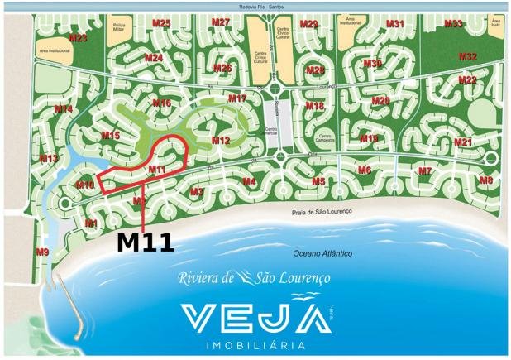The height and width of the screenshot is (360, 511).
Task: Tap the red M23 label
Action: coord(79,38)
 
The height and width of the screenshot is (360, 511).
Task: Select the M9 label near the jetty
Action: coord(42,251)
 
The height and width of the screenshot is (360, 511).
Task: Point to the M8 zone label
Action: coord(486,180)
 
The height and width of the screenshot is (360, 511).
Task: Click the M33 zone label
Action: coord(452,23)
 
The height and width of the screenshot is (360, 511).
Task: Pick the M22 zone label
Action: coord(467,79)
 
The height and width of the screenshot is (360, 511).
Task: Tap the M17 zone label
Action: coord(237,98)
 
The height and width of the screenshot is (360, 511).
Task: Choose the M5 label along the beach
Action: coord(318,181)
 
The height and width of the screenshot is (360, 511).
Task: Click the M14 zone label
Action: coord(64,109)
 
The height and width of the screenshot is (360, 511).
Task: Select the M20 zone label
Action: coord(380,101)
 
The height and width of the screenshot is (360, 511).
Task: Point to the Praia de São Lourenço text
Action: coord(322,213)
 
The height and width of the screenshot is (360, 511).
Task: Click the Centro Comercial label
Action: coord(265,132)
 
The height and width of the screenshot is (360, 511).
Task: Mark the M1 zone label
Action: coord(91,223)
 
